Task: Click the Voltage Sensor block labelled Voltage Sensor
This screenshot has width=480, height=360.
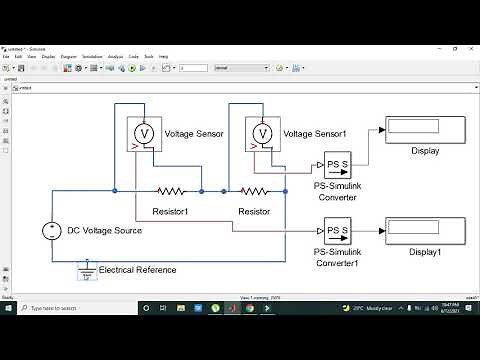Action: click(x=143, y=133)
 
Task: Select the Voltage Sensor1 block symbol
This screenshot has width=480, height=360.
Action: click(x=262, y=133)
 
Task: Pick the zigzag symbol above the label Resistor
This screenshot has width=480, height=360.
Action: click(x=254, y=190)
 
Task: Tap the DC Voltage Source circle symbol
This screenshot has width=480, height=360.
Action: click(x=51, y=231)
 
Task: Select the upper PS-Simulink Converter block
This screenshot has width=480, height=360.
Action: click(x=336, y=163)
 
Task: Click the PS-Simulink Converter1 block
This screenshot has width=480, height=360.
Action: click(x=336, y=231)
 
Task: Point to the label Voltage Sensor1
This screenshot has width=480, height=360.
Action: click(x=314, y=133)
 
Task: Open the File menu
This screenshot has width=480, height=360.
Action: click(x=6, y=57)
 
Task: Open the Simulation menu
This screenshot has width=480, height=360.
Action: click(x=93, y=57)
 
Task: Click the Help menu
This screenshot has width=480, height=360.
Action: click(x=163, y=57)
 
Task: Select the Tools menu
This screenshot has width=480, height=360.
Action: click(x=149, y=57)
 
